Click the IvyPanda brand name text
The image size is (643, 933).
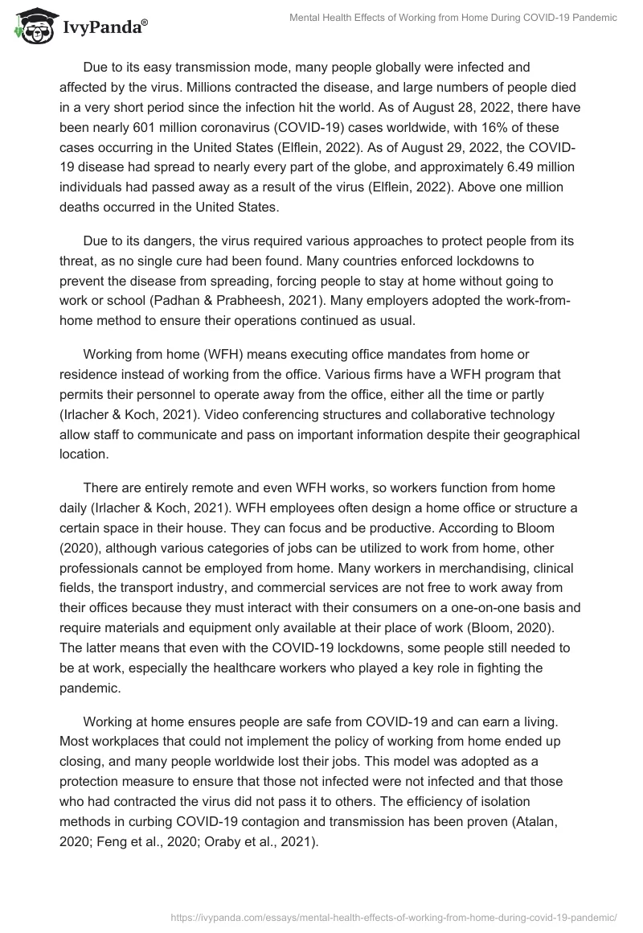104,30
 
